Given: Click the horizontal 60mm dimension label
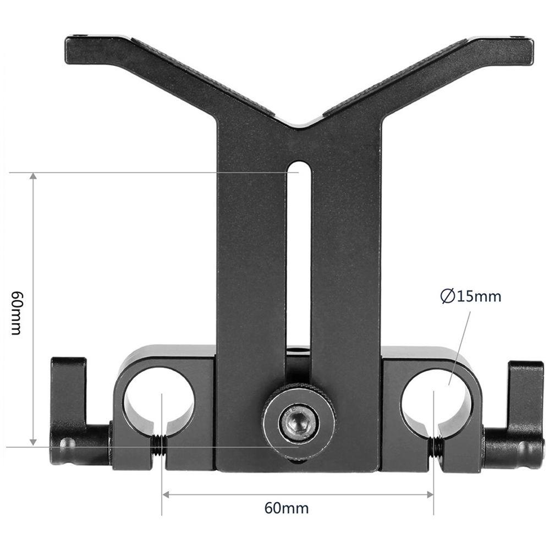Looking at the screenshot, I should coord(287,508).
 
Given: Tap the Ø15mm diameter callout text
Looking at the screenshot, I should coord(471,297).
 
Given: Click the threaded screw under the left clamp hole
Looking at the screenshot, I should coord(158,446).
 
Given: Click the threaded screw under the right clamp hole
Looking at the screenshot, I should coord(437,447).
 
